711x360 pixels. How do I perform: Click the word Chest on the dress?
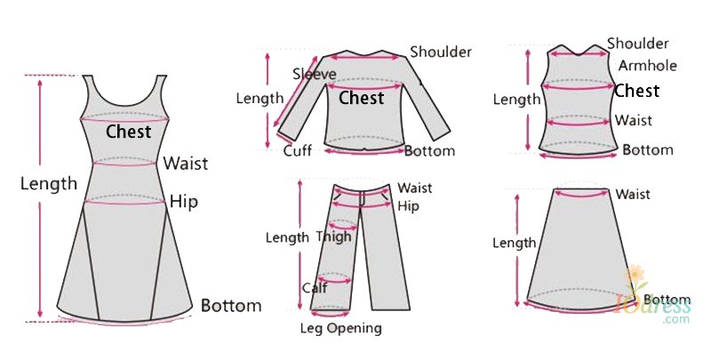(x=128, y=132)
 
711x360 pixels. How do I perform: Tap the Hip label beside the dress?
(x=184, y=201)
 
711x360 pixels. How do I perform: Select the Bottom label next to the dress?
(x=231, y=305)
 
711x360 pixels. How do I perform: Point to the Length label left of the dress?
(x=49, y=184)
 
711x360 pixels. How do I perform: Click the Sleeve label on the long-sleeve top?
(x=315, y=74)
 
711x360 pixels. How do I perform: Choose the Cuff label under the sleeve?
(x=298, y=150)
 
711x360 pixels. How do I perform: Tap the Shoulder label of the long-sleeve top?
(x=441, y=52)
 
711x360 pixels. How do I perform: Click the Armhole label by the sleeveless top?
(x=648, y=66)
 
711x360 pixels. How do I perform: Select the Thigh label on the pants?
(x=334, y=236)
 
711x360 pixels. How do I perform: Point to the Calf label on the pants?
(x=315, y=287)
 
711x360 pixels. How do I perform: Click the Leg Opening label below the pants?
(x=340, y=328)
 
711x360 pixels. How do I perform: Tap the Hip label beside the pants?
(x=408, y=206)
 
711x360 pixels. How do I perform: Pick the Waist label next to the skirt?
(x=633, y=194)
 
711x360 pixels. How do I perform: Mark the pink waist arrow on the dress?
(x=124, y=164)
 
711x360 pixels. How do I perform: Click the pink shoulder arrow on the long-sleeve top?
(x=365, y=58)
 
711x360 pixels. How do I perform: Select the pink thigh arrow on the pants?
(x=343, y=227)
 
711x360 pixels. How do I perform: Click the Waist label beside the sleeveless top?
(x=634, y=120)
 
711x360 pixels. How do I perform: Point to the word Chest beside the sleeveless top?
(x=636, y=91)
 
